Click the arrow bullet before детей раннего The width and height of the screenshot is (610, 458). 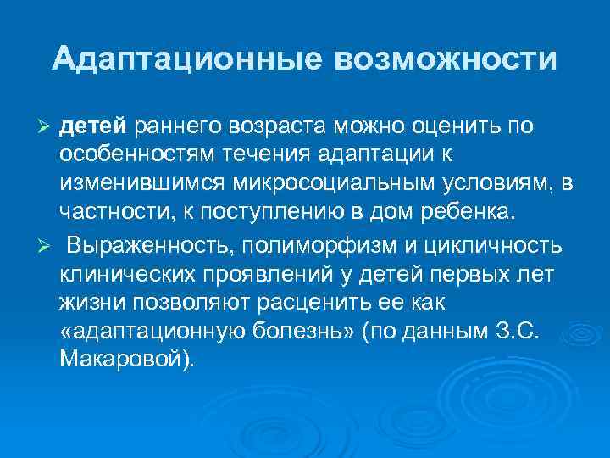[x=47, y=126]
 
